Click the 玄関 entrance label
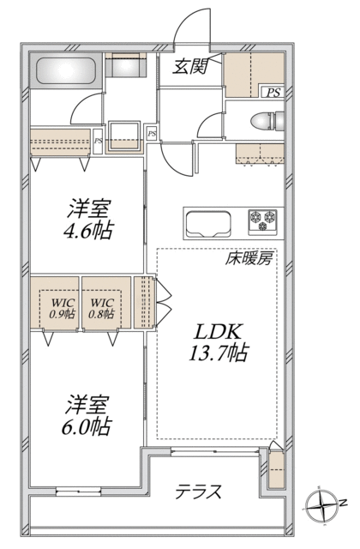(x=191, y=66)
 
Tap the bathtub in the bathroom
(x=67, y=70)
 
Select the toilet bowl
(x=267, y=120)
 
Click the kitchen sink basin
(x=208, y=225)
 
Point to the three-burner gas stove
(x=263, y=222)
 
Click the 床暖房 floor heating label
(x=249, y=259)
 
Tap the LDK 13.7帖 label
(x=219, y=343)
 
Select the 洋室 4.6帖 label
(x=88, y=219)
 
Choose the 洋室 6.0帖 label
(x=87, y=415)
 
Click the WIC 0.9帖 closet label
(x=63, y=308)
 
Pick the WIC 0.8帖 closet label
(x=101, y=308)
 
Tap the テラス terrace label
(x=198, y=492)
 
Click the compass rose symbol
(x=321, y=505)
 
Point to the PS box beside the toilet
(x=273, y=93)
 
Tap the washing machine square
(x=124, y=136)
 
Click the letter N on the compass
(x=344, y=503)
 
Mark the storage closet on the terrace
(x=276, y=470)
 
